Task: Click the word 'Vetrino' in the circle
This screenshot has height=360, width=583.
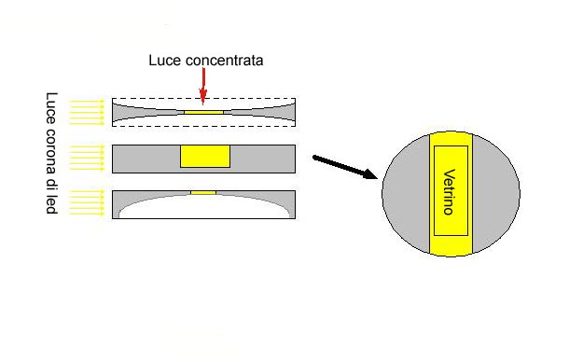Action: point(449,192)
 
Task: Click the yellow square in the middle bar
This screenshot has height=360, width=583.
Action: point(204,156)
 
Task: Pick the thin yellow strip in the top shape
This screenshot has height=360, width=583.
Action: point(204,112)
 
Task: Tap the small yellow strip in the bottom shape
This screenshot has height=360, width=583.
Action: point(202,192)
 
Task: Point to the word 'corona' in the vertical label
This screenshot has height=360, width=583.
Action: point(52,159)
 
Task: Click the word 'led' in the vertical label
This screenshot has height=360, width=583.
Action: point(52,204)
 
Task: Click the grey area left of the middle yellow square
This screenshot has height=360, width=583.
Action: point(146,159)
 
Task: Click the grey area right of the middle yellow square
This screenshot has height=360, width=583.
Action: point(262,159)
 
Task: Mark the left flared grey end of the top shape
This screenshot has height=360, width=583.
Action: point(121,112)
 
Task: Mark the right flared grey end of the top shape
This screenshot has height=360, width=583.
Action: point(285,112)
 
